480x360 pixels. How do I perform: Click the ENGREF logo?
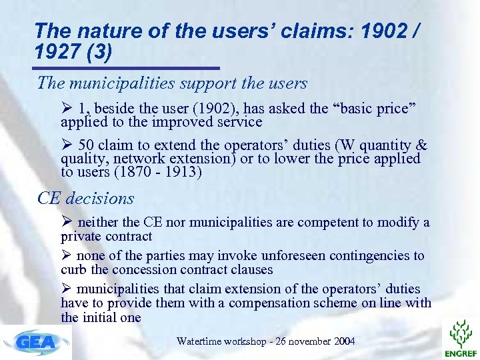point(461,337)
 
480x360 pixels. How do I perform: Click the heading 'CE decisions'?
point(86,198)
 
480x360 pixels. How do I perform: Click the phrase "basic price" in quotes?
point(377,109)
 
